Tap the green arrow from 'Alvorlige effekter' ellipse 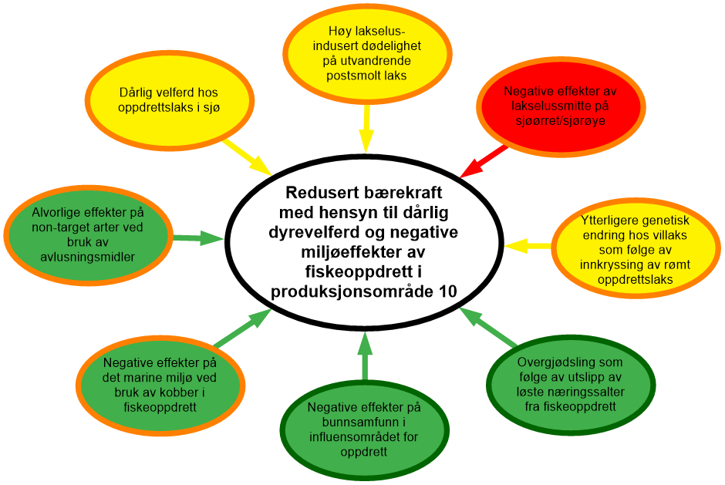pyautogui.click(x=198, y=238)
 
